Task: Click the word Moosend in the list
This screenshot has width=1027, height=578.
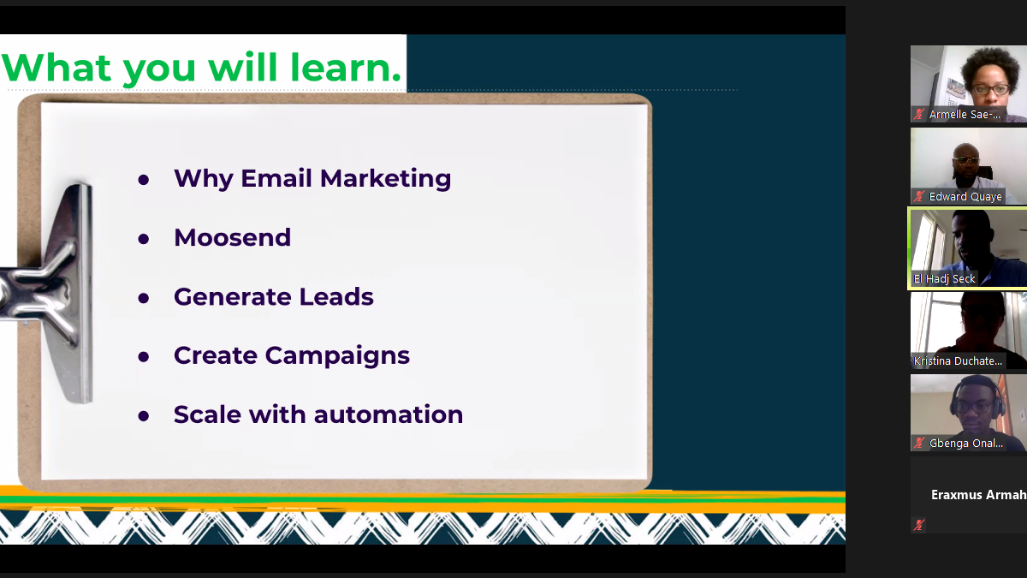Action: (232, 238)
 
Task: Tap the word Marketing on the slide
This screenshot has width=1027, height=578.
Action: (386, 179)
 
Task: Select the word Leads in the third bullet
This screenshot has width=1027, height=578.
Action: (336, 296)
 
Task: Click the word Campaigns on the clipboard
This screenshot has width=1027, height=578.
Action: (337, 356)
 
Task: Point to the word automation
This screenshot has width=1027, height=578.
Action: (389, 414)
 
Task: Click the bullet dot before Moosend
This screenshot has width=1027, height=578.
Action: (144, 239)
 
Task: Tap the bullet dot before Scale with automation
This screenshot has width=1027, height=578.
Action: (144, 416)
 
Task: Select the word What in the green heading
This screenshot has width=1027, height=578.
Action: (56, 68)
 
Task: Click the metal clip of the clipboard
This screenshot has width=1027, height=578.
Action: (50, 289)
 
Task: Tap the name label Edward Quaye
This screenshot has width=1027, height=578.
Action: (965, 197)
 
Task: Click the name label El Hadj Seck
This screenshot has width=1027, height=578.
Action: (944, 279)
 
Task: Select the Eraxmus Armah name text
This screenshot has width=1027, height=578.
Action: (978, 495)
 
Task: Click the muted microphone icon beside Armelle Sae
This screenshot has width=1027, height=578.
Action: (919, 114)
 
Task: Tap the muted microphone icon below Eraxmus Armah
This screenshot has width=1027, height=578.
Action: (919, 525)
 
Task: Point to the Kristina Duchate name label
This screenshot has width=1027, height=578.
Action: (958, 361)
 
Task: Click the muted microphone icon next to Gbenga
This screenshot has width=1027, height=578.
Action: (919, 444)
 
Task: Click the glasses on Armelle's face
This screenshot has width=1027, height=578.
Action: (991, 89)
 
